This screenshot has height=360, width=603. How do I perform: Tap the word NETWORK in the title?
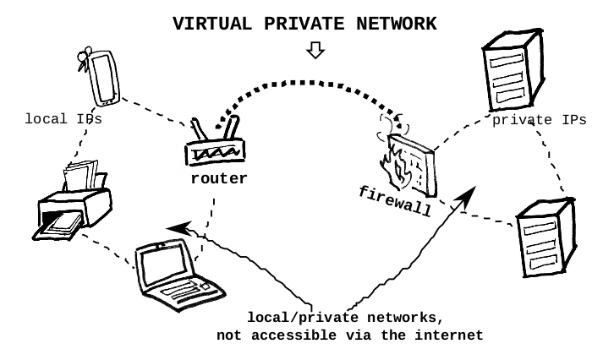[x=397, y=24]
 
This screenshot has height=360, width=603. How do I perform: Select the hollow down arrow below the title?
[x=315, y=52]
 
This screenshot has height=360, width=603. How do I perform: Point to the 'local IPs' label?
[x=63, y=119]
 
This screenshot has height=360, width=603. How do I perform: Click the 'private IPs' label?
[x=539, y=120]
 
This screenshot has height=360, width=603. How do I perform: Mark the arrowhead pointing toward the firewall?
[x=463, y=198]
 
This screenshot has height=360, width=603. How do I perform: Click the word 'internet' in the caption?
[x=452, y=335]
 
